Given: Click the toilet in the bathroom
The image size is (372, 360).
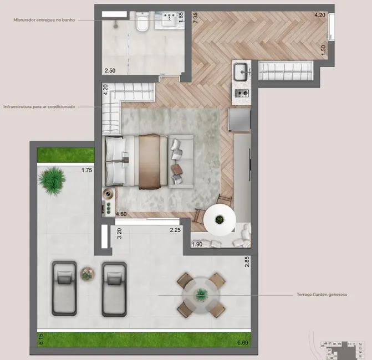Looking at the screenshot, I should point(142,24).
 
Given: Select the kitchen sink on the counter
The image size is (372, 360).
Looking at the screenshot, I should point(241,72).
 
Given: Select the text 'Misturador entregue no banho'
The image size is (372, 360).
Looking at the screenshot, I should point(44,20).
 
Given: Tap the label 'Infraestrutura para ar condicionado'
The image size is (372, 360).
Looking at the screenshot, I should point(39,106).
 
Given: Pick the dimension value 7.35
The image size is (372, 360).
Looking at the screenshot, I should point(195,17).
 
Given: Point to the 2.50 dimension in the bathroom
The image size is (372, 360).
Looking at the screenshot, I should point(110,70).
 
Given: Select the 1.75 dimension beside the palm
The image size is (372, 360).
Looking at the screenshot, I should point(87,171).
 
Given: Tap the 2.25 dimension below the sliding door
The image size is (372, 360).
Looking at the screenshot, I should point(176,230).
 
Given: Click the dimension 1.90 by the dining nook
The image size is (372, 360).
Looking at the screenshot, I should point(197,244).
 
